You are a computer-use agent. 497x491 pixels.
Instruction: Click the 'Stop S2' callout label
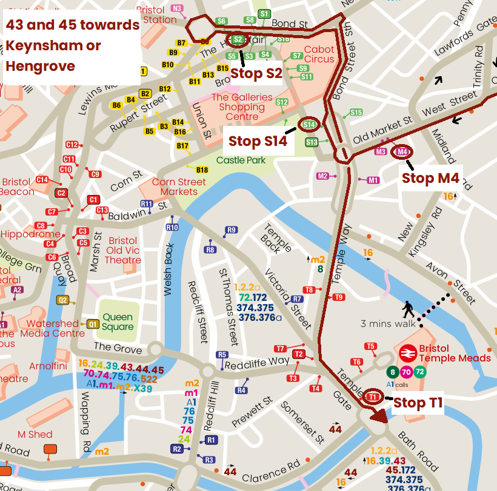(x=256, y=73)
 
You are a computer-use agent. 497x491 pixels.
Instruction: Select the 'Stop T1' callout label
(x=418, y=403)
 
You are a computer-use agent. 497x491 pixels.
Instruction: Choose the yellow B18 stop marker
(x=202, y=170)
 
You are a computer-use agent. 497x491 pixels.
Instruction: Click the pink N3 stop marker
(x=177, y=8)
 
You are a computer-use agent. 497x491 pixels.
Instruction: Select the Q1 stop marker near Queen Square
(x=93, y=324)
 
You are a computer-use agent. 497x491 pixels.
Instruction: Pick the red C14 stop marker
(x=42, y=180)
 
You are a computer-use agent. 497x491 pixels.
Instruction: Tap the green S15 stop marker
(x=356, y=113)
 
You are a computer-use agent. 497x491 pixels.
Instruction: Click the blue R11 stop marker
(x=146, y=204)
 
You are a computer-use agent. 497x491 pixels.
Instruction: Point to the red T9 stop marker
(x=338, y=297)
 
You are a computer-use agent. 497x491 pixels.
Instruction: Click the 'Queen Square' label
(x=118, y=321)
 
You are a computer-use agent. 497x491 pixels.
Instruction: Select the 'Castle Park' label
(x=241, y=160)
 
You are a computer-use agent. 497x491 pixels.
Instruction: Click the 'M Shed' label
(x=35, y=434)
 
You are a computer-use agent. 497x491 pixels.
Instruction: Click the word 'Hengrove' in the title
(x=41, y=65)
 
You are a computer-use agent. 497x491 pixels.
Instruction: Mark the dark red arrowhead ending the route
(x=379, y=415)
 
